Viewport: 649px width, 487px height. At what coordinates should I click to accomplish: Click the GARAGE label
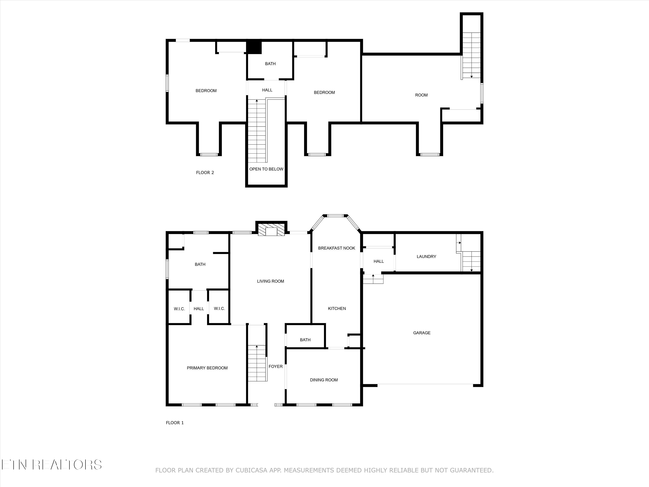tap(422, 333)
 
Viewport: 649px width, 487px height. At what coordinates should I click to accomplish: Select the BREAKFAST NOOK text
tap(337, 248)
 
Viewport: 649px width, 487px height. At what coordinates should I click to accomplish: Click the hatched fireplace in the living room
tap(271, 230)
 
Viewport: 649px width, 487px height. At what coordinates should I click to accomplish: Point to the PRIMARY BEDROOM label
tap(207, 368)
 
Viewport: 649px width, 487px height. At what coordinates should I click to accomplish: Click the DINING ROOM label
tap(324, 380)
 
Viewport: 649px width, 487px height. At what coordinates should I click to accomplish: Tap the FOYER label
tap(276, 366)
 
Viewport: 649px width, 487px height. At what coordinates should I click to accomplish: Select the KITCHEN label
tap(337, 308)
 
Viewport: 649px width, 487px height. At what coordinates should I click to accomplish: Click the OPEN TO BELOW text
tap(266, 169)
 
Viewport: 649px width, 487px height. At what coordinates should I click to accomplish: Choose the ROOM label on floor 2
tap(421, 95)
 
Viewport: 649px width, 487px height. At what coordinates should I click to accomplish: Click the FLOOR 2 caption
tap(205, 173)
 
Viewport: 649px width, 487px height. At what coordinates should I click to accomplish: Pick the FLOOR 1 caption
tap(175, 423)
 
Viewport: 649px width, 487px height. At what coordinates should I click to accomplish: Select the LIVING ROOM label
tap(270, 281)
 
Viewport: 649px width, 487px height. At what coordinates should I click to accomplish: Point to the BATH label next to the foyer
tap(305, 340)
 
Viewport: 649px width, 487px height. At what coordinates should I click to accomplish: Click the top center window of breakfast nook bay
tap(335, 216)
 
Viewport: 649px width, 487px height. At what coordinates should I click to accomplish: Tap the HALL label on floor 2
tap(267, 90)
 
